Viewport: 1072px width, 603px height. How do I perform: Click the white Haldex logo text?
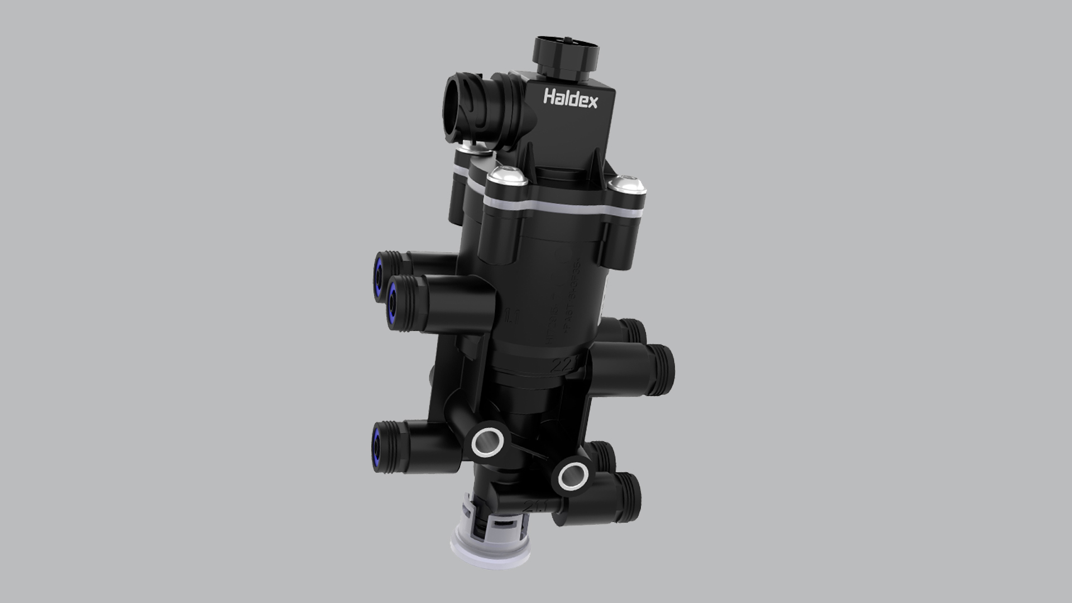click(x=570, y=100)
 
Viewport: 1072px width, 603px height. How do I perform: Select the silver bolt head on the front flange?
click(x=505, y=179)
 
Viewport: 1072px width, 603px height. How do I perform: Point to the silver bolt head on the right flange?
click(x=627, y=184)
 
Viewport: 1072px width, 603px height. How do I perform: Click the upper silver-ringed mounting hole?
click(x=487, y=443)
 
